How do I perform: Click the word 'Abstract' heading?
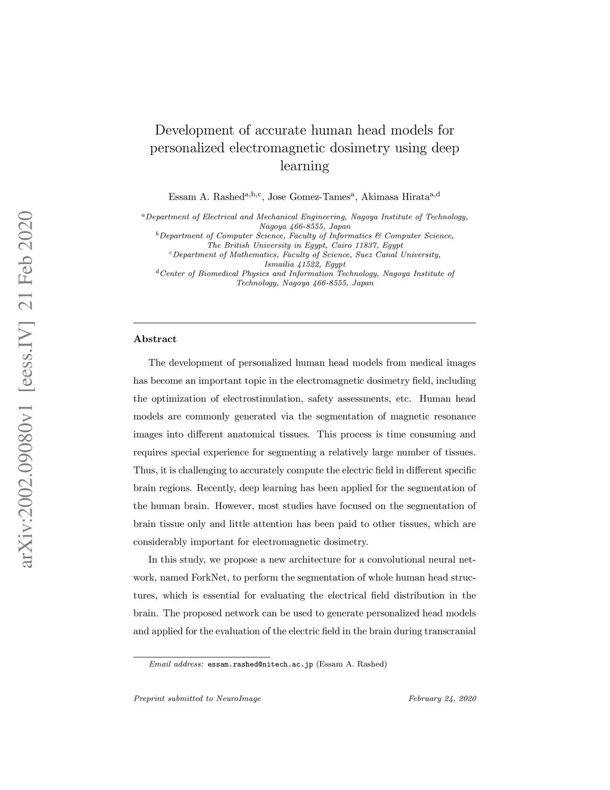(x=155, y=339)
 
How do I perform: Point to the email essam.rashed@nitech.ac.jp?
(x=260, y=664)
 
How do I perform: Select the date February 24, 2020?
(x=442, y=699)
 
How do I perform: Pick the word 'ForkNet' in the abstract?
(x=207, y=578)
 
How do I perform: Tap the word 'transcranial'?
(x=450, y=631)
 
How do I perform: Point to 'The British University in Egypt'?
(x=262, y=245)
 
